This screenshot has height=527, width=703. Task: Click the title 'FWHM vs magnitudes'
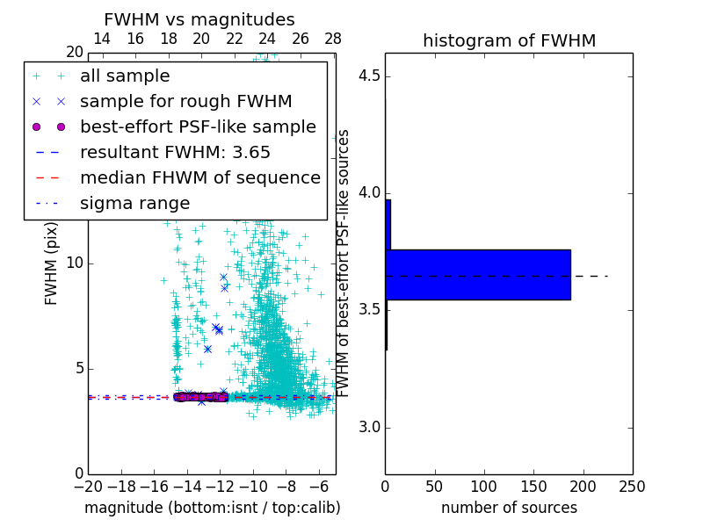(199, 20)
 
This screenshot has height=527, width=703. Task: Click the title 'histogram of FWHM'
(509, 41)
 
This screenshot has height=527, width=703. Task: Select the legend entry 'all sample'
(125, 76)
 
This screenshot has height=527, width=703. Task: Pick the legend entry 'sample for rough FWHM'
(185, 102)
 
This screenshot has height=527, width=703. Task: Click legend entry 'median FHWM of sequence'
(199, 178)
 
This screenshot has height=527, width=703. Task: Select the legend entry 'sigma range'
(134, 204)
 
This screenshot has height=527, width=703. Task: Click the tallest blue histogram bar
(478, 275)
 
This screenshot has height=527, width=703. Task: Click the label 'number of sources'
(509, 508)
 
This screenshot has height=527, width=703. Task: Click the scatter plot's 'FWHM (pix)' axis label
(52, 262)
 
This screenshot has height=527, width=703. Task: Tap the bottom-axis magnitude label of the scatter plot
(212, 508)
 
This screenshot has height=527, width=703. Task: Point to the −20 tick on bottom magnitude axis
(88, 487)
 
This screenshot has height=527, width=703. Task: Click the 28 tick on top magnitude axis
(333, 40)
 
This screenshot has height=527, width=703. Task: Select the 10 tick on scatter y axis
(74, 263)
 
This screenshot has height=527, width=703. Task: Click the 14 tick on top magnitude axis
(102, 40)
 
